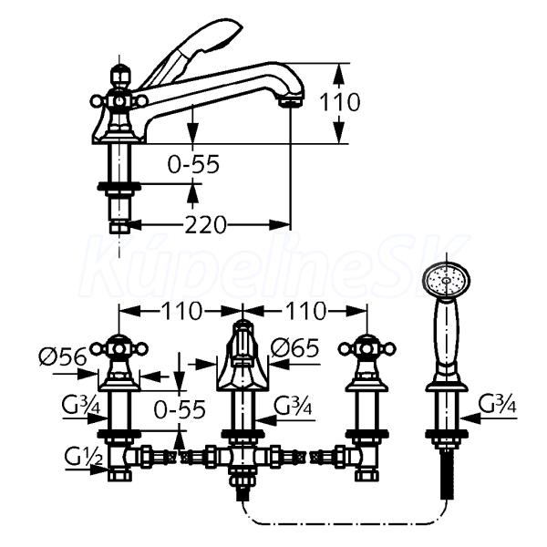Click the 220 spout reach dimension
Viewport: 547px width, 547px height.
tap(205, 224)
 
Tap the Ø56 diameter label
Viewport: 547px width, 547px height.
tap(63, 357)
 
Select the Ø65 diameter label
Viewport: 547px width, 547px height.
tap(295, 348)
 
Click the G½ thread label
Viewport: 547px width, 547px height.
tap(83, 457)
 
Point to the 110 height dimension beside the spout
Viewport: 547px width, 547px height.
tap(340, 102)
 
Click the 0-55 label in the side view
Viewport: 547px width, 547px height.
tap(193, 164)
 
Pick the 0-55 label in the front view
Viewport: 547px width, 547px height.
tap(180, 409)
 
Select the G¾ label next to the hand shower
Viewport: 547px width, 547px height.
tap(498, 404)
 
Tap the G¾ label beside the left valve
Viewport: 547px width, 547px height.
tap(81, 405)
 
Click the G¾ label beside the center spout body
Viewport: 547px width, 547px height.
tap(293, 405)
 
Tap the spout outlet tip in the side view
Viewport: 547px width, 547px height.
tap(291, 101)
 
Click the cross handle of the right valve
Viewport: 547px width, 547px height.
tap(367, 348)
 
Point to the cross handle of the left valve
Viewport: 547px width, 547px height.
tap(119, 348)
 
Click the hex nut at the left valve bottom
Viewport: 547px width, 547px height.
tap(120, 475)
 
